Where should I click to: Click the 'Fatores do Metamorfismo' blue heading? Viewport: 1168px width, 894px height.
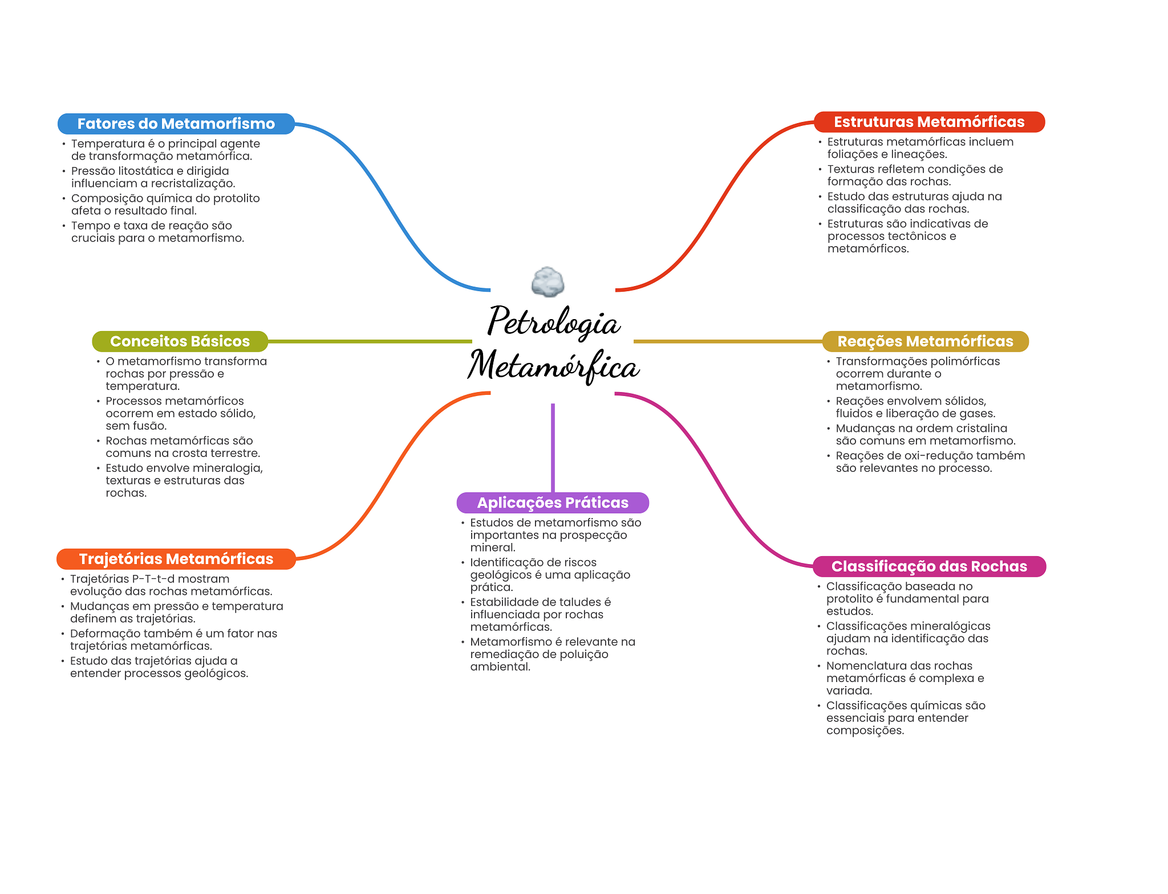(176, 124)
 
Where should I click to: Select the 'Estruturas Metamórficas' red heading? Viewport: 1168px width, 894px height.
(928, 122)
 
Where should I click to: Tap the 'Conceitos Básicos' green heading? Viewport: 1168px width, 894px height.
(180, 341)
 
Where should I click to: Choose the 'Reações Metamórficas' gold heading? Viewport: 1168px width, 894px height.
(925, 341)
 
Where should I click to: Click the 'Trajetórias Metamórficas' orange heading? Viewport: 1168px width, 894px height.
(176, 559)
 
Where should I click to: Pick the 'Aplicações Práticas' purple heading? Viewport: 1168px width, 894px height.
(552, 503)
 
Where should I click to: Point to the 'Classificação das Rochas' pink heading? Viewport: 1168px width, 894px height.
(928, 566)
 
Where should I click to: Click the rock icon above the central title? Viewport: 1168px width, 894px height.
(547, 282)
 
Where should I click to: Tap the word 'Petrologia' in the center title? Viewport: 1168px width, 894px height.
(553, 322)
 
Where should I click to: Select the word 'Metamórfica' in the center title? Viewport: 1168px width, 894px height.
(553, 366)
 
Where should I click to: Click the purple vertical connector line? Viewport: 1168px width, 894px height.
(553, 447)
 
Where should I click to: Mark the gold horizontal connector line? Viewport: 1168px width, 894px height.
(727, 341)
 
